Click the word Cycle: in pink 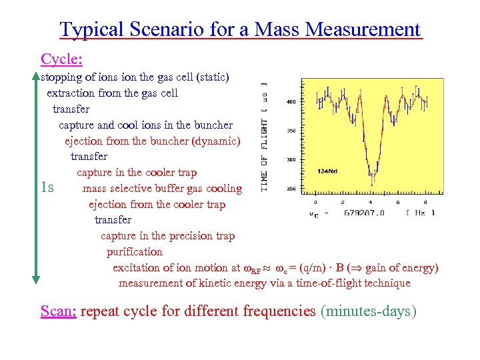click(61, 59)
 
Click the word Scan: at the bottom click(59, 311)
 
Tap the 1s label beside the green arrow click(48, 187)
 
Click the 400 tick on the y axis click(291, 102)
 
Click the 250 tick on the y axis click(291, 189)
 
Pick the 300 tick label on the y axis click(291, 160)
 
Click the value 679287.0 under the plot click(365, 213)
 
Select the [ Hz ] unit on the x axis click(419, 213)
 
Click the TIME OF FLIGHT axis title click(265, 137)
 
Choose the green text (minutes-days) click(369, 311)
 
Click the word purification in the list click(134, 252)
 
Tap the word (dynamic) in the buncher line click(215, 141)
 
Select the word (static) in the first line click(213, 77)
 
